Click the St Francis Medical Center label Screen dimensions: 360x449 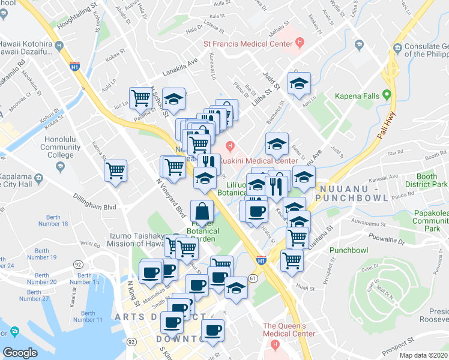(x=249, y=43)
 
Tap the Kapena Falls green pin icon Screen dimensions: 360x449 (x=387, y=95)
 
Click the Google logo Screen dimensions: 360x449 (x=20, y=353)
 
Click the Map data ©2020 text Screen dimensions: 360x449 (x=422, y=355)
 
